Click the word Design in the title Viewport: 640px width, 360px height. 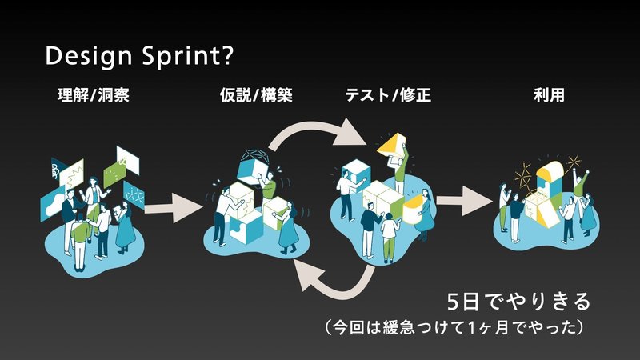click(x=88, y=56)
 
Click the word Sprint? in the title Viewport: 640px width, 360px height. click(x=188, y=56)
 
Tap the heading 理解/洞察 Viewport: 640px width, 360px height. click(x=94, y=95)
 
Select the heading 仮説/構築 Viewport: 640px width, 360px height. click(x=256, y=95)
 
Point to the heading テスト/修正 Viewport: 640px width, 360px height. click(x=388, y=95)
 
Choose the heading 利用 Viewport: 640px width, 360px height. click(x=549, y=95)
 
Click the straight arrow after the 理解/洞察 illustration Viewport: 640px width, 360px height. click(x=174, y=208)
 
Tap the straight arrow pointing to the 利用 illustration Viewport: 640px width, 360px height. click(x=465, y=201)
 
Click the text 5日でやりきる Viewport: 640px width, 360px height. click(x=518, y=302)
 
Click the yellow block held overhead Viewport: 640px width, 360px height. click(x=392, y=145)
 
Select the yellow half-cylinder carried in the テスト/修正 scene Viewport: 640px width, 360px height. click(x=413, y=209)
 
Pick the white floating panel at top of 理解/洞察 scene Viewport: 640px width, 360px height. click(x=128, y=161)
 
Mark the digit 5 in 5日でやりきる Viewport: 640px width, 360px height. click(x=454, y=302)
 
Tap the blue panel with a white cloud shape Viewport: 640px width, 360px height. click(x=53, y=204)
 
